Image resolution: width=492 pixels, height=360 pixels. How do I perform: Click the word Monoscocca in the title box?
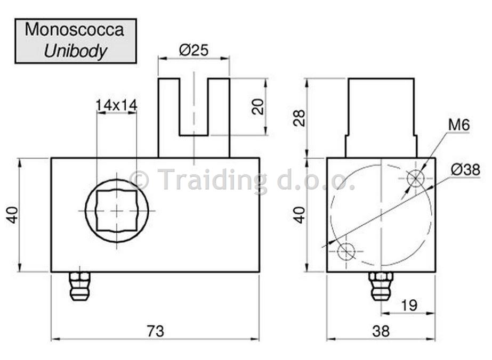coord(75,29)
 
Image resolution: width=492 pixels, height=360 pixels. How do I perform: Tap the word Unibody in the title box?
coord(75,51)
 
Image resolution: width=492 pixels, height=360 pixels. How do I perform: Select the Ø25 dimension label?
coord(193,50)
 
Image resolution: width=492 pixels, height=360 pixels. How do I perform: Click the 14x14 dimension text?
coord(116,105)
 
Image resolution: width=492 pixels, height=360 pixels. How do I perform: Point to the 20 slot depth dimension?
coord(258,107)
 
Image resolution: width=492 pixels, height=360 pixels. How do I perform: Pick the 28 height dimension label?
coord(299,118)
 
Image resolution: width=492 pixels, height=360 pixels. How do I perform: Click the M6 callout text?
coord(459,125)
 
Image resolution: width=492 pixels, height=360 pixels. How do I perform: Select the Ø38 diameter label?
coord(466,170)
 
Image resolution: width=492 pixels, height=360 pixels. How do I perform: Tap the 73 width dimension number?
coord(155,331)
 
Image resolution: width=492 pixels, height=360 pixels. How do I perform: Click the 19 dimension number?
coord(409,305)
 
